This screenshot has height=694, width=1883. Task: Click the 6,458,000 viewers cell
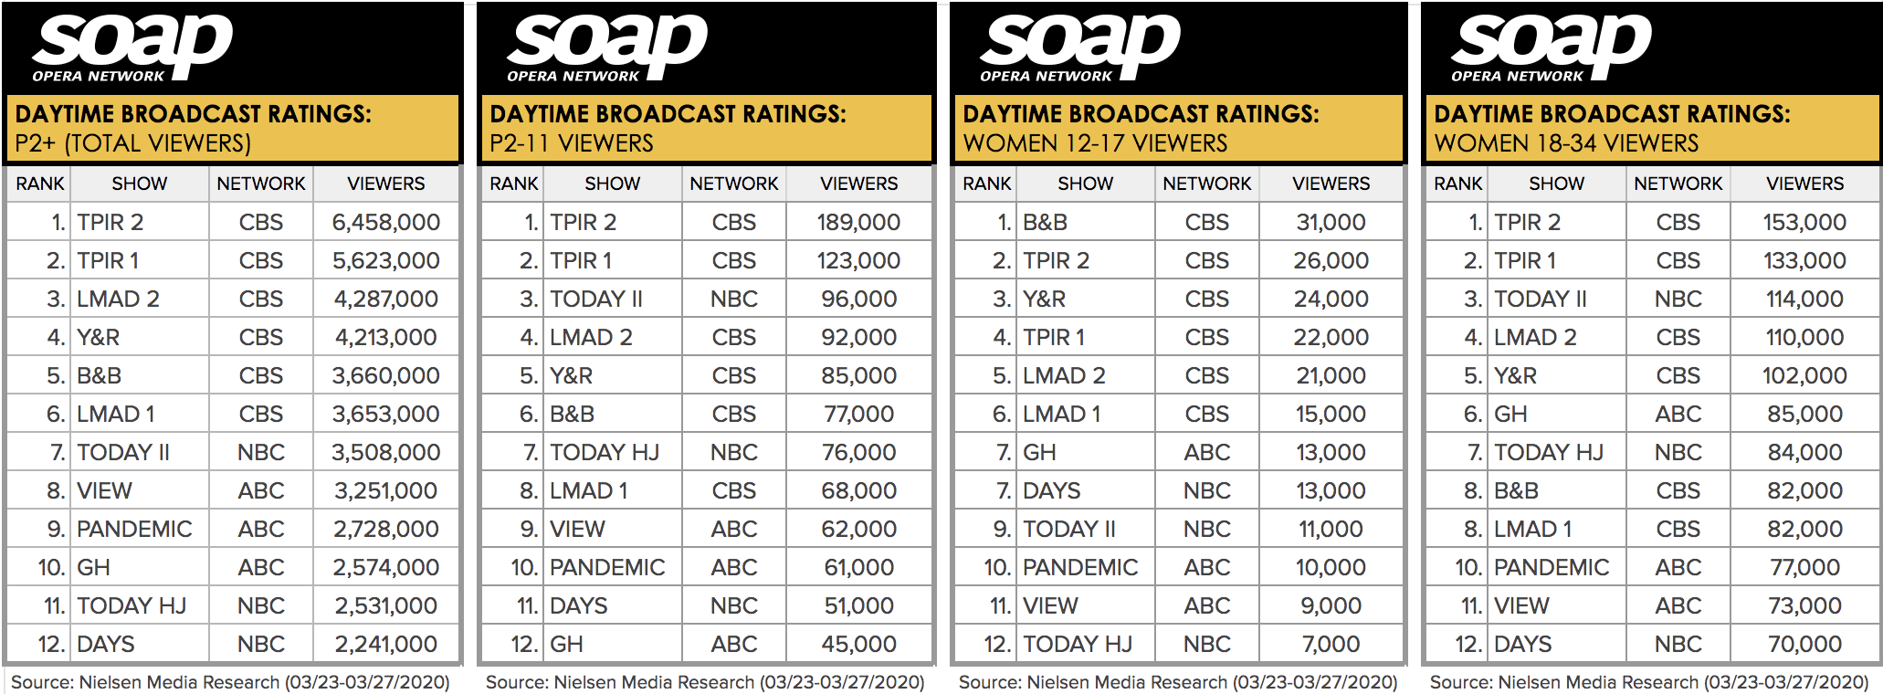[x=385, y=222]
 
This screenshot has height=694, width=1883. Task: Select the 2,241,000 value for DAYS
[x=385, y=644]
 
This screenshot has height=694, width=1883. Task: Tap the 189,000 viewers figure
[x=858, y=222]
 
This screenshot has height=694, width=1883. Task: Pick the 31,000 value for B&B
[x=1331, y=222]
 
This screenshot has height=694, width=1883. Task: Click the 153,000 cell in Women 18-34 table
[x=1804, y=222]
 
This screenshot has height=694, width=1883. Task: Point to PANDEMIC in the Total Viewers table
[x=134, y=529]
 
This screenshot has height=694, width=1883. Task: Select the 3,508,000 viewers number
[x=385, y=452]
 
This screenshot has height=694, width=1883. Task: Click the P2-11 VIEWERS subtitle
[x=572, y=143]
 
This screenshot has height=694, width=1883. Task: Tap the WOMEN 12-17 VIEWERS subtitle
[x=1095, y=143]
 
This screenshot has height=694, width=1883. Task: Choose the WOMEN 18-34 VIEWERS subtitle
[x=1566, y=143]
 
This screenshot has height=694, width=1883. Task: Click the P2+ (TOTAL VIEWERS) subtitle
[x=133, y=143]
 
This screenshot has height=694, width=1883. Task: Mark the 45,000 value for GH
[x=858, y=644]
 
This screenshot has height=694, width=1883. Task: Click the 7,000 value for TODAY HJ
[x=1331, y=644]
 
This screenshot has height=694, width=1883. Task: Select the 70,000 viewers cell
[x=1804, y=644]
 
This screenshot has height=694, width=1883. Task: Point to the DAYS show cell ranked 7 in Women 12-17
[x=1051, y=490]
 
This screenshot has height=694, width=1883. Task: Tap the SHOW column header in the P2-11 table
[x=612, y=184]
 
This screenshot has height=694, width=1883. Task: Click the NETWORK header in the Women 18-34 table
[x=1678, y=184]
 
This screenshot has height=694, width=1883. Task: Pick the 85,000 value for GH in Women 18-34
[x=1804, y=414]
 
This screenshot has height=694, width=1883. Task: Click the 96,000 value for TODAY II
[x=858, y=299]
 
